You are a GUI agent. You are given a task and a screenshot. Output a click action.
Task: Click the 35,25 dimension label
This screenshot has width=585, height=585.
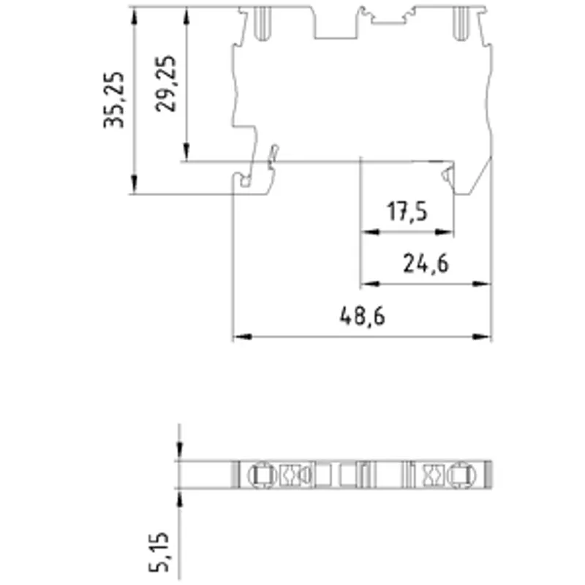(x=114, y=99)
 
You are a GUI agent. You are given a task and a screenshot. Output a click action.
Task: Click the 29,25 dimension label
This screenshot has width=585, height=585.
(x=166, y=83)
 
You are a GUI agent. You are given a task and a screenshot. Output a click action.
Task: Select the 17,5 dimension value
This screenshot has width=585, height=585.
(x=407, y=211)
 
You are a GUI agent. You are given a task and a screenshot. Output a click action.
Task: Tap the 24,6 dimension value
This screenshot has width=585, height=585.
(x=426, y=264)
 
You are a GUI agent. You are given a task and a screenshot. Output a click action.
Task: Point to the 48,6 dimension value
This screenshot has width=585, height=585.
(x=362, y=317)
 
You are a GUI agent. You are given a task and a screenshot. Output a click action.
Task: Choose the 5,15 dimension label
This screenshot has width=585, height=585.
(x=159, y=552)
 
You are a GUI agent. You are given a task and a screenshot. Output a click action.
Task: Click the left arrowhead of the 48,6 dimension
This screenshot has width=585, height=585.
(x=243, y=336)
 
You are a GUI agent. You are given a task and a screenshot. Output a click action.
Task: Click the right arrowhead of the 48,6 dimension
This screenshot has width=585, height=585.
(x=482, y=336)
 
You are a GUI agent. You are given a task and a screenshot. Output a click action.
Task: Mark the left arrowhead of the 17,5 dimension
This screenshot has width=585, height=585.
(x=371, y=232)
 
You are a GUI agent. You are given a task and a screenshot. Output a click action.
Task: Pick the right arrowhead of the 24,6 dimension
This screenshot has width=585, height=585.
(x=482, y=284)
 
